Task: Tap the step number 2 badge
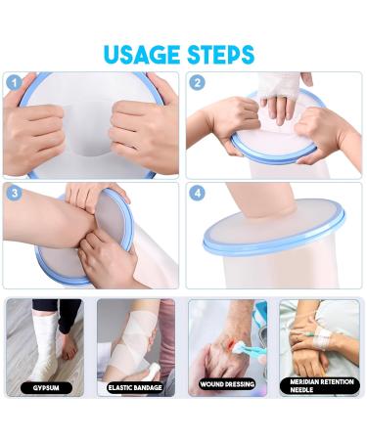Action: pos(197,82)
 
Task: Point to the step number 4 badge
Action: pos(197,194)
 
